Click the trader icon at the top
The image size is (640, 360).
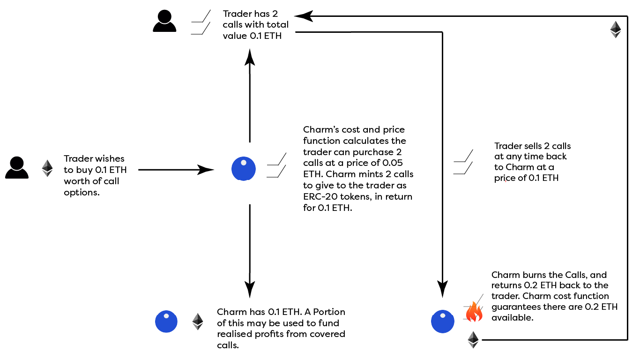click(164, 22)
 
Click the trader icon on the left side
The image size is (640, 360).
click(17, 168)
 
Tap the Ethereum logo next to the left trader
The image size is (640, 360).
click(47, 168)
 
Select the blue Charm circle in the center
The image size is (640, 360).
click(244, 169)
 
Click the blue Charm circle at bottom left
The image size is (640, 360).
click(166, 322)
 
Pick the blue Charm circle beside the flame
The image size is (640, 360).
click(442, 321)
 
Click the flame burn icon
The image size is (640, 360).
click(474, 311)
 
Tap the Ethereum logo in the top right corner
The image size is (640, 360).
click(615, 29)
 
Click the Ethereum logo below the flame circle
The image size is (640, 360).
click(473, 340)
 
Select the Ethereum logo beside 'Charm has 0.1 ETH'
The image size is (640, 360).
click(198, 322)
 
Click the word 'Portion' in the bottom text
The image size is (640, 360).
click(330, 312)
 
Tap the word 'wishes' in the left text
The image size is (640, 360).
click(110, 158)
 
